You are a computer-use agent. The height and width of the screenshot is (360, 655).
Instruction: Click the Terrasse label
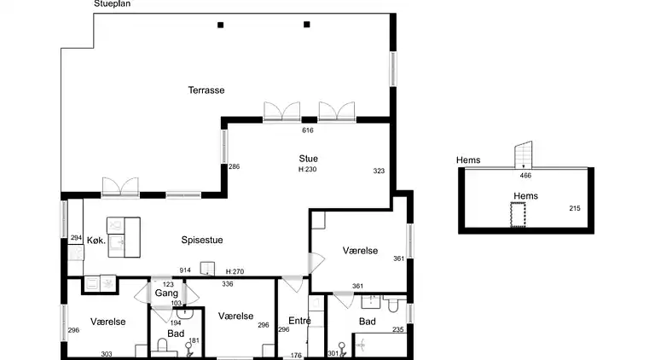(206, 90)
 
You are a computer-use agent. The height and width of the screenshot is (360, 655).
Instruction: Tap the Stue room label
(308, 159)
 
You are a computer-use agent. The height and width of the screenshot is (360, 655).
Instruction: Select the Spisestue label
(202, 240)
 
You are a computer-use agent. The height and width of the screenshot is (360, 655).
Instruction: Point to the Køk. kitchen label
(96, 241)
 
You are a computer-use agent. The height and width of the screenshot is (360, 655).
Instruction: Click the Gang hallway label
(166, 293)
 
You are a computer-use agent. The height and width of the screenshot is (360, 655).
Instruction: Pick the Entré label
(299, 321)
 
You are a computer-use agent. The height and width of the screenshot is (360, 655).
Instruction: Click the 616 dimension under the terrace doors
(308, 131)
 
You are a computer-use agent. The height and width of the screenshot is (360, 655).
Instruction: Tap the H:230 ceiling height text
(307, 169)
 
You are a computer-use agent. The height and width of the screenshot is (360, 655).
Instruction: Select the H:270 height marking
(235, 271)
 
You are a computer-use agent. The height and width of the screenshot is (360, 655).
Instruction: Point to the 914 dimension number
(185, 270)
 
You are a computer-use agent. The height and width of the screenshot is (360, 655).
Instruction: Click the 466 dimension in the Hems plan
(525, 176)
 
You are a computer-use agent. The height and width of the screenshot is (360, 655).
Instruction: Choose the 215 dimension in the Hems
(575, 208)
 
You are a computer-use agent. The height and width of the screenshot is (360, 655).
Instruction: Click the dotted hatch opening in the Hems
(518, 215)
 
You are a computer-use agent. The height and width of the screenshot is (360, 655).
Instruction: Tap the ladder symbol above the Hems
(523, 154)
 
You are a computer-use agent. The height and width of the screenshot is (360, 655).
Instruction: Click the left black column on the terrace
(221, 25)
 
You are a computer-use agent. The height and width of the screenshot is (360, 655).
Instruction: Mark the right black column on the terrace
(307, 25)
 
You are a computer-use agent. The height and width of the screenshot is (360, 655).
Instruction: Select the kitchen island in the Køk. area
(124, 237)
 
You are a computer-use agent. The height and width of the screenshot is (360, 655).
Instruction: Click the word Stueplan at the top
(113, 3)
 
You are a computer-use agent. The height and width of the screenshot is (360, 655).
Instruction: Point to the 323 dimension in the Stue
(379, 171)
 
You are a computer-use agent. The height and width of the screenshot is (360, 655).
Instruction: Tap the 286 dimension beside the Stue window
(235, 166)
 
